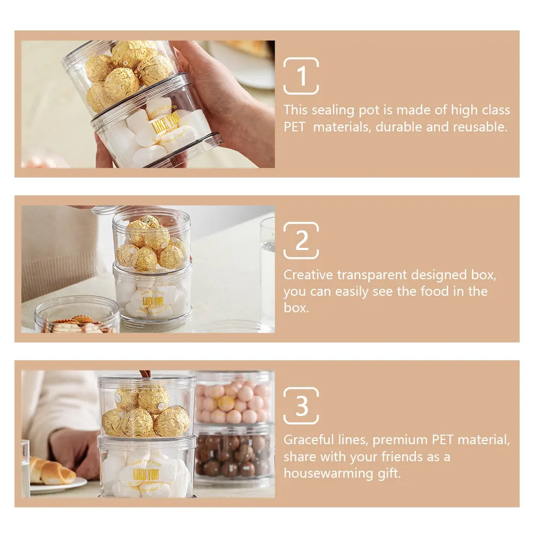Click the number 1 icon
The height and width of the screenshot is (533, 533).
point(301,76)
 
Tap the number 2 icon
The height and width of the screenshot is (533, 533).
point(301,240)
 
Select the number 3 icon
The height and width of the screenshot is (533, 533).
point(301,406)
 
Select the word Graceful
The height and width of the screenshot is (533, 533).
point(306,440)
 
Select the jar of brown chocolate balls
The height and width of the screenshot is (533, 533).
point(232,455)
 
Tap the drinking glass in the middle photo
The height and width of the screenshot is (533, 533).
point(267,266)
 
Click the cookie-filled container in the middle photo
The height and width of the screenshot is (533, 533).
point(78,317)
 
